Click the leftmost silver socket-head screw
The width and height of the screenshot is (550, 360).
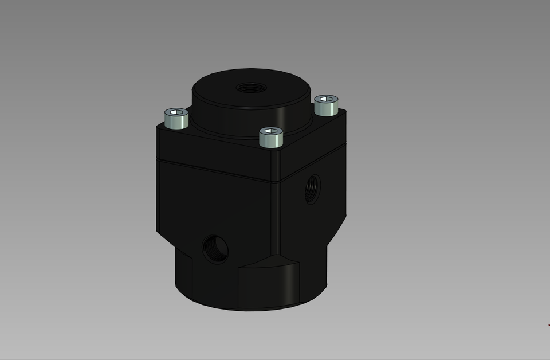pyautogui.click(x=176, y=119)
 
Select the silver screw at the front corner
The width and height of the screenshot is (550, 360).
pyautogui.click(x=271, y=138)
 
